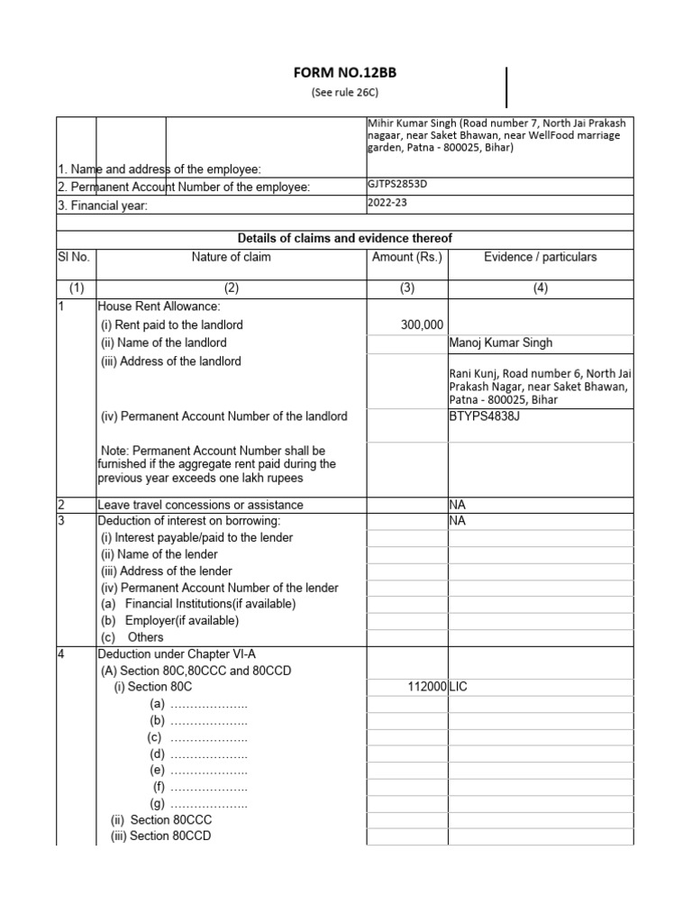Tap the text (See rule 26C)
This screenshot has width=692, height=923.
click(346, 94)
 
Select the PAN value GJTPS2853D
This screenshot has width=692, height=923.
click(396, 186)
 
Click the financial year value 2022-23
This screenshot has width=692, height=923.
click(387, 203)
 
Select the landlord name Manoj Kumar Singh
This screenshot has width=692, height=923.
click(501, 343)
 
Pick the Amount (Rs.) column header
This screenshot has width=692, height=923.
click(407, 257)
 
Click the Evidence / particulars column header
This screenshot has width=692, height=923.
click(540, 257)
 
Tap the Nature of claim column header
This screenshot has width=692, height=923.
click(231, 257)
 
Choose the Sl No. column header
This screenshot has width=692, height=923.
click(74, 257)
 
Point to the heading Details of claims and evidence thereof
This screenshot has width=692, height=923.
click(344, 238)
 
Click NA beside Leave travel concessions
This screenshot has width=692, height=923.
click(457, 505)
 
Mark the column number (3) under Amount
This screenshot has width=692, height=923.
click(407, 288)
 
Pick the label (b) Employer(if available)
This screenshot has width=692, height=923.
click(169, 621)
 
